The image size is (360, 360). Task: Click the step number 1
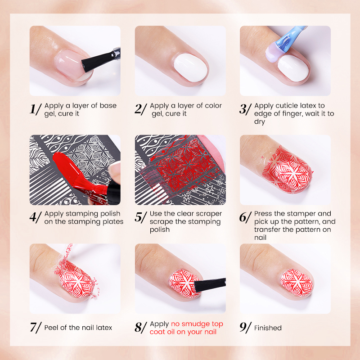33,109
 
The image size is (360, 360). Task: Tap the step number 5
139,217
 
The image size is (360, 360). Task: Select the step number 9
243,327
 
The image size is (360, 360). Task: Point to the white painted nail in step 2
190,67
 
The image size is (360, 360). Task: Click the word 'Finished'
268,328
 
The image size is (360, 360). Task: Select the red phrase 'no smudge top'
197,324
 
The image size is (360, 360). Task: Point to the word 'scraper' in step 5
209,214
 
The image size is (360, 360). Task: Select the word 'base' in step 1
108,106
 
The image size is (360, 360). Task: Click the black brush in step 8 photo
210,284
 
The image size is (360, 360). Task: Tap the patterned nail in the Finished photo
297,283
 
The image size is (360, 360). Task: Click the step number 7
33,327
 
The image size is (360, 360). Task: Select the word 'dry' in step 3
260,121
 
